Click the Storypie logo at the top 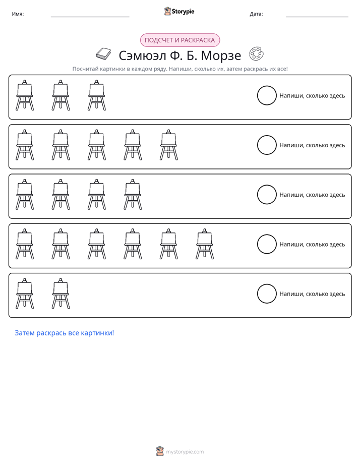click(179, 11)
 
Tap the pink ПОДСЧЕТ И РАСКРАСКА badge click(179, 40)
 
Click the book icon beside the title click(103, 54)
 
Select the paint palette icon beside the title click(256, 53)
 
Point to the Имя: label click(18, 14)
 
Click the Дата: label click(256, 14)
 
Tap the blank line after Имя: click(90, 17)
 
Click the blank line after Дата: click(317, 17)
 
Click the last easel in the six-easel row click(205, 244)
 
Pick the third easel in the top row click(96, 95)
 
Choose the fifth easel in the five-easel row click(169, 145)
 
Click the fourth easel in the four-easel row click(133, 194)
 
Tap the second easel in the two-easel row click(61, 294)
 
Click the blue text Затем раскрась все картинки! click(65, 333)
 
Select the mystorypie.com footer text click(185, 452)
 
